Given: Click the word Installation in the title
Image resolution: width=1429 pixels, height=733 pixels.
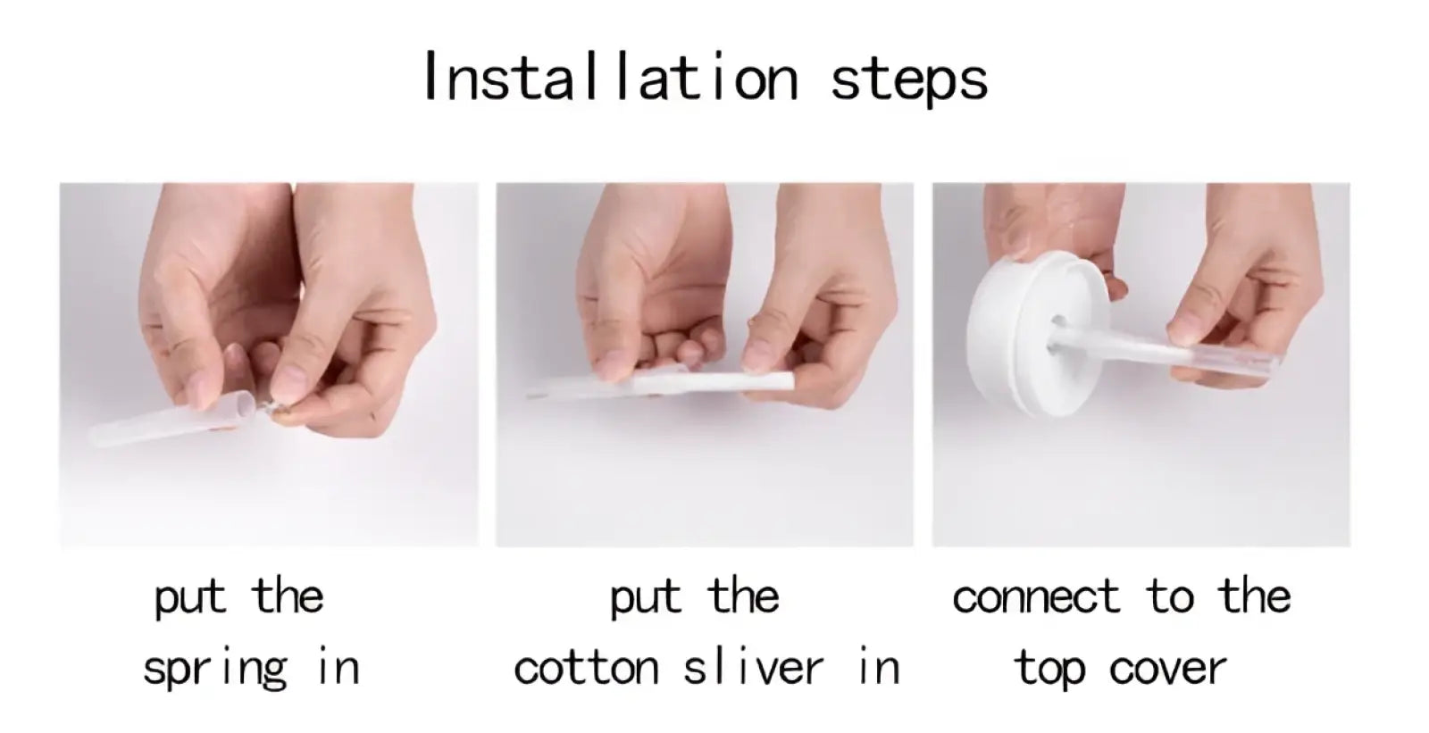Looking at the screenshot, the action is point(611,76).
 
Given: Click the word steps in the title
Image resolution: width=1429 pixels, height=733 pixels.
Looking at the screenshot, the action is point(909,81).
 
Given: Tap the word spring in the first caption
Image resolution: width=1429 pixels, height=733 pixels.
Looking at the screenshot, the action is point(215,670).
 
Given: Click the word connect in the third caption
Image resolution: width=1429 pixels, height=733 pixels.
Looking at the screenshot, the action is point(1036,597).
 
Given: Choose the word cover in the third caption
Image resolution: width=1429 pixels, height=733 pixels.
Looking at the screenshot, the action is point(1167,670).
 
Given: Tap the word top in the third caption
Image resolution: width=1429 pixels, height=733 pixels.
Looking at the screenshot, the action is point(1049,670).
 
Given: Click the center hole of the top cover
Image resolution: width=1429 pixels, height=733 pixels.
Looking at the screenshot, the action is point(1057,323).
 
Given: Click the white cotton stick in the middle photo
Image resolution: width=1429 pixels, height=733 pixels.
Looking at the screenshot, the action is point(708,383).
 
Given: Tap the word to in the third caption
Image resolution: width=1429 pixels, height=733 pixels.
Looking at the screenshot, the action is point(1169,597).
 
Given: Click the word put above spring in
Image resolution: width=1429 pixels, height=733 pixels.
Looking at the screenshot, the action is point(190,598).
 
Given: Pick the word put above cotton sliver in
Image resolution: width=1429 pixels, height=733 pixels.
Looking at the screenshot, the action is point(646,598).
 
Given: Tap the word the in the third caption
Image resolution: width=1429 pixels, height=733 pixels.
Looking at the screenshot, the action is point(1254,596).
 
